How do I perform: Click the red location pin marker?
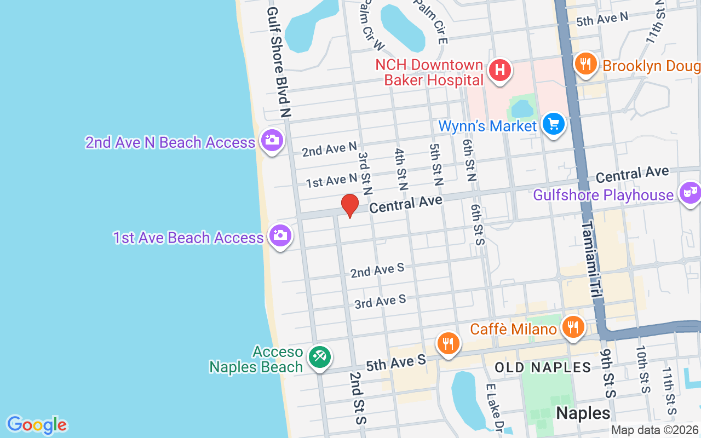tap(350, 206)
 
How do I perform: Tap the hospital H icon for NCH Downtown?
tap(499, 71)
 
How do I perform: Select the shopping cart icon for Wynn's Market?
tap(553, 124)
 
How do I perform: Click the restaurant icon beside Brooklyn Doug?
tap(585, 64)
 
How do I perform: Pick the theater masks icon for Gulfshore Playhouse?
tap(689, 193)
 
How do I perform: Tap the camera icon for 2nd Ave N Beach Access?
tap(271, 141)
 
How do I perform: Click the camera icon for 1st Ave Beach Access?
tap(280, 236)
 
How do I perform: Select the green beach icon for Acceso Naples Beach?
tap(319, 358)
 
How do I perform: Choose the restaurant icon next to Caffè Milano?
tap(573, 328)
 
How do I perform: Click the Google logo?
tap(37, 425)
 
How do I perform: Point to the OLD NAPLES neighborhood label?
tap(543, 367)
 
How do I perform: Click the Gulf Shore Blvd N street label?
tap(279, 63)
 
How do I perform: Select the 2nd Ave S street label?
tap(377, 270)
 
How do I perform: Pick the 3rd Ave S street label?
tap(380, 301)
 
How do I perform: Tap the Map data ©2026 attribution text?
tap(655, 430)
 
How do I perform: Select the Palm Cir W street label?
tap(372, 25)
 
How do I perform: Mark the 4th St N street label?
tap(401, 168)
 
